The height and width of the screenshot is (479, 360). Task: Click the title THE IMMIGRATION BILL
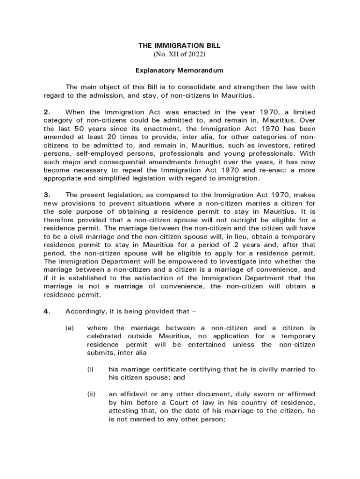pos(179,46)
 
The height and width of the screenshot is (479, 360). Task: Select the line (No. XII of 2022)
pos(179,54)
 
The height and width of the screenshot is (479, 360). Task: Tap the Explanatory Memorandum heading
pos(180,71)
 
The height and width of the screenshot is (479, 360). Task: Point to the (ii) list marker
pos(91,394)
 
